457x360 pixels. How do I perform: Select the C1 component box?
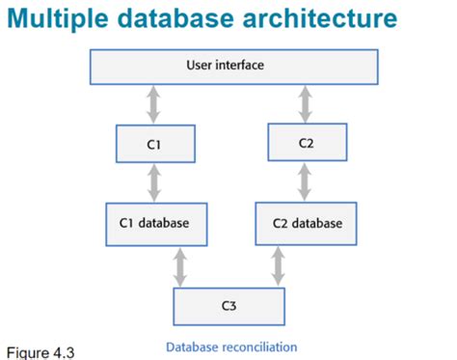point(154,145)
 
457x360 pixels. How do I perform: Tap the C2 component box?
point(307,141)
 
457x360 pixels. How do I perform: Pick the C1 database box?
point(154,222)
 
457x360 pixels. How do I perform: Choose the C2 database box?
point(307,222)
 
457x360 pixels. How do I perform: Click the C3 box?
point(228,305)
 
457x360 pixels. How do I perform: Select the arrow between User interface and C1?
point(153,104)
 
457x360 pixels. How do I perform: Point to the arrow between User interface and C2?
point(306,102)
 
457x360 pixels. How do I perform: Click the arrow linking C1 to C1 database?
point(153,181)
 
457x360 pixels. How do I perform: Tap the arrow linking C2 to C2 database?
point(306,180)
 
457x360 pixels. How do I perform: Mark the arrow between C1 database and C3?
point(179,266)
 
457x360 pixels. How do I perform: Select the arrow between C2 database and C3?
point(279,266)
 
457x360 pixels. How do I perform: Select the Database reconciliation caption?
point(231,346)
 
